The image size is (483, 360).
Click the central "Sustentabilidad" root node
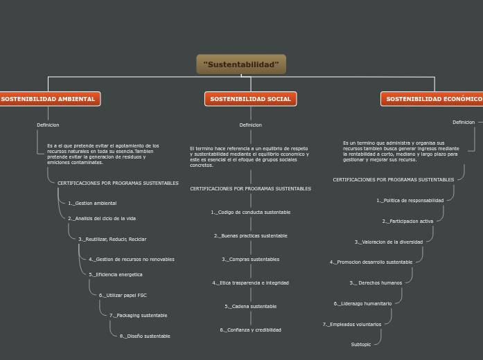[x=241, y=64]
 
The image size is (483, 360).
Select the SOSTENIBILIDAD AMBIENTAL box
[x=49, y=99]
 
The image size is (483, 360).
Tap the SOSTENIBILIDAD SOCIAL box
[x=250, y=99]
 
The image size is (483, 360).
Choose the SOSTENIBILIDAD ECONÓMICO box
[x=433, y=99]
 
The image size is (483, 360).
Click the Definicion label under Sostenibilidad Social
[x=250, y=125]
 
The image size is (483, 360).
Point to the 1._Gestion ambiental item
[x=92, y=204]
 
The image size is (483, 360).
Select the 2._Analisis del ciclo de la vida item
[x=102, y=218]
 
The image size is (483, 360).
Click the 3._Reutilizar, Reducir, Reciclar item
[x=112, y=240]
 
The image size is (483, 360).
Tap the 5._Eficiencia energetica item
[x=116, y=275]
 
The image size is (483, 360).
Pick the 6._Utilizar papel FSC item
[x=123, y=296]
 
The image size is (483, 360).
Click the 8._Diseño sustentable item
[x=145, y=336]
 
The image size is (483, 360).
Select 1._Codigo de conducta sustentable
[x=250, y=213]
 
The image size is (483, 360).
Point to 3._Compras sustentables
[x=250, y=260]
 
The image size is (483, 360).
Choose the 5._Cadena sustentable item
[x=250, y=307]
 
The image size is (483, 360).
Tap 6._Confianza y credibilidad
[x=250, y=330]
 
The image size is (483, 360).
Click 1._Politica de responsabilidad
[x=410, y=201]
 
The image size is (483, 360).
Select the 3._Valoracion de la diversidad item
[x=389, y=242]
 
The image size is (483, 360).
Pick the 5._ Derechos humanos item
[x=376, y=283]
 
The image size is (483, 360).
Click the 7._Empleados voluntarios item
[x=352, y=325]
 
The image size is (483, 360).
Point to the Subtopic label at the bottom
[x=361, y=345]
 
